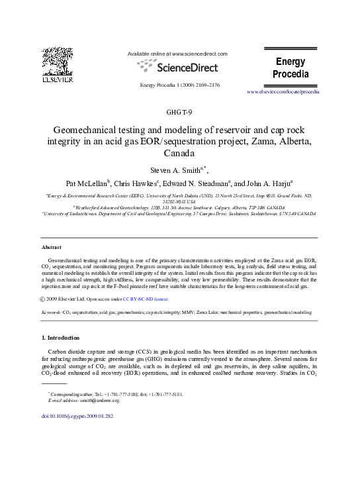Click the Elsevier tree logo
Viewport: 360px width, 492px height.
tap(57, 62)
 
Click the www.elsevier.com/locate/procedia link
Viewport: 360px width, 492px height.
tap(283, 91)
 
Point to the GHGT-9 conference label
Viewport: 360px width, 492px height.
tap(179, 111)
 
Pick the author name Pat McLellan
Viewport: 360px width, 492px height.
tap(86, 183)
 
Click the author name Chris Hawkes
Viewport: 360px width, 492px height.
tap(137, 183)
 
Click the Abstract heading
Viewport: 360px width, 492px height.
tap(51, 247)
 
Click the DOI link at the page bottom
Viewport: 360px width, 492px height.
tap(77, 417)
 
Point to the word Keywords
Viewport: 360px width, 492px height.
tap(51, 311)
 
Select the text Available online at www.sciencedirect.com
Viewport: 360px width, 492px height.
tap(177, 53)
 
